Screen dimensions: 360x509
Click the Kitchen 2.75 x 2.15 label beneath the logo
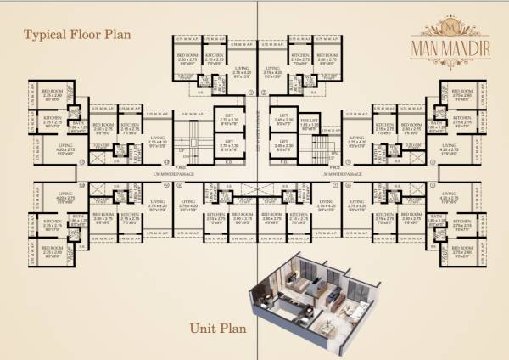pos(462,120)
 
